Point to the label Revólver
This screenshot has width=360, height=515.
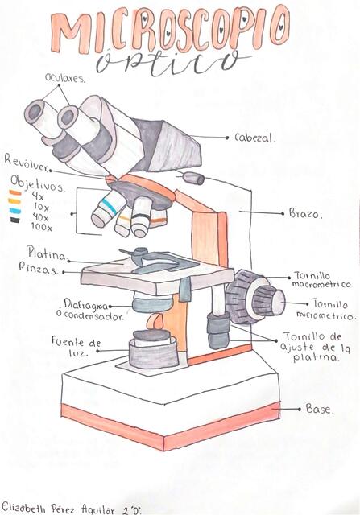27,161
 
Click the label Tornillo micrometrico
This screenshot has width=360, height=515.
321,309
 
